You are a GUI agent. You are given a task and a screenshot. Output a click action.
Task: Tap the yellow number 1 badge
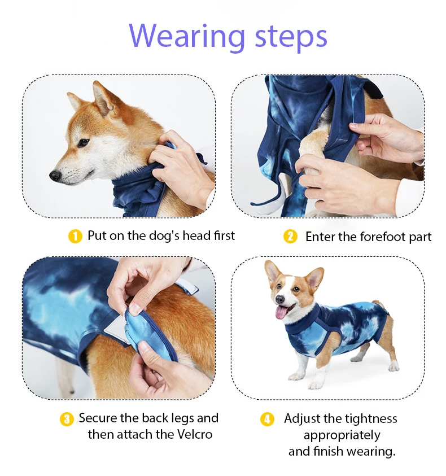coord(75,236)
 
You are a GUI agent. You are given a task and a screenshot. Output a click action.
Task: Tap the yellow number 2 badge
coord(290,237)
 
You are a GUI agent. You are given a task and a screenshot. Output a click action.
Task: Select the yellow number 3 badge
coord(67,419)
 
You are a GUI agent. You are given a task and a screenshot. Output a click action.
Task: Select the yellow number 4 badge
coord(267,419)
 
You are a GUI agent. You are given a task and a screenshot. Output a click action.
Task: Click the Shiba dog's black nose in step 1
coord(55,176)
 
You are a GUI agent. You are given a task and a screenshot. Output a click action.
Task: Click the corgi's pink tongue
coord(282,312)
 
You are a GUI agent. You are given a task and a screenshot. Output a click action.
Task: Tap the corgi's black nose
coord(281,299)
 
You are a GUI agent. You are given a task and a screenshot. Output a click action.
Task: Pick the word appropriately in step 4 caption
coord(342,435)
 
